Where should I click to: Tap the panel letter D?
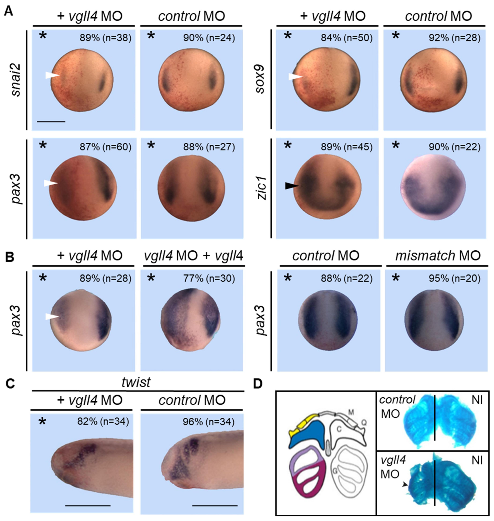tap(258, 384)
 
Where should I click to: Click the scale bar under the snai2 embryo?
tap(51, 122)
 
